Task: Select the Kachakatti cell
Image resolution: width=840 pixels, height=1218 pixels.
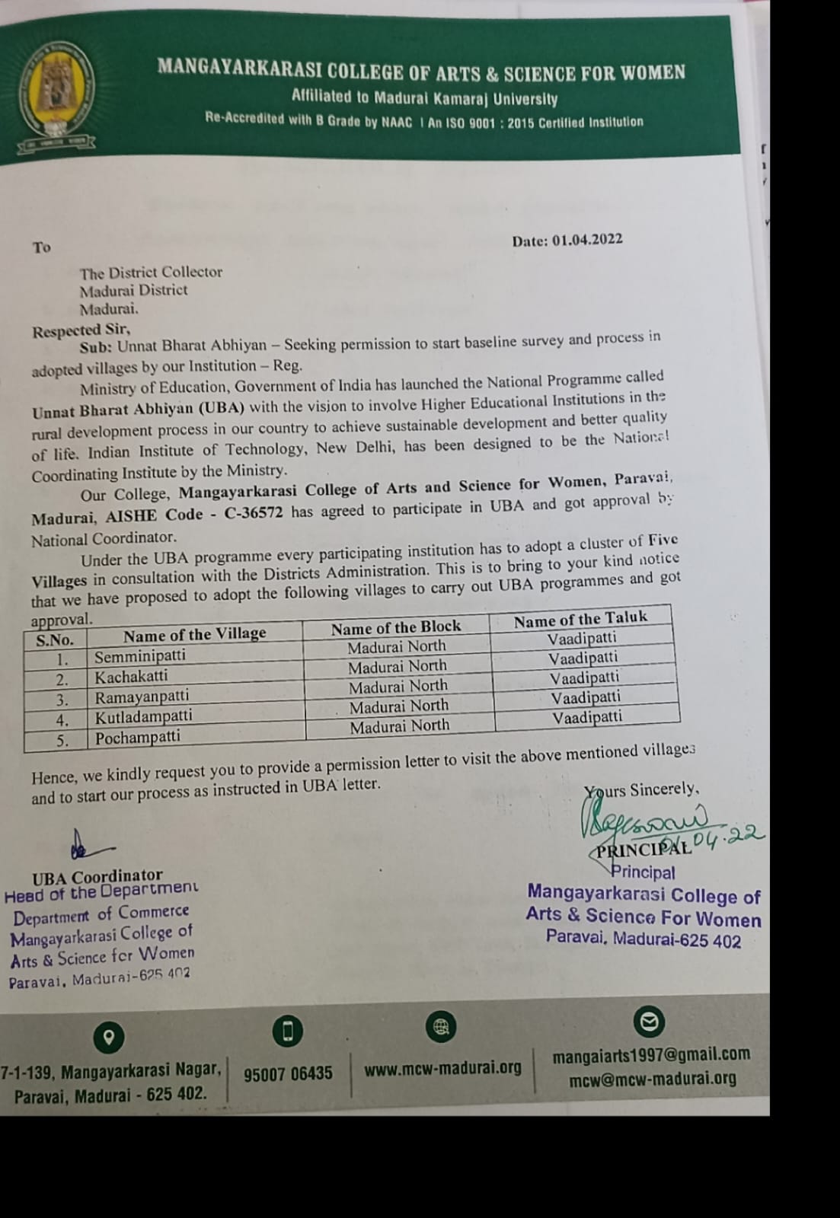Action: pos(131,676)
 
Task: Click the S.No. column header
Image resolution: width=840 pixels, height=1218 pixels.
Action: pos(55,639)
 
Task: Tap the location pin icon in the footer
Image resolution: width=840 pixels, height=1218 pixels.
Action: pos(109,1037)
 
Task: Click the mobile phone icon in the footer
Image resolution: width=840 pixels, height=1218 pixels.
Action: pos(288,1031)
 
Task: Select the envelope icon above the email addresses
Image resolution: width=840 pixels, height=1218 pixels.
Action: pos(649,1022)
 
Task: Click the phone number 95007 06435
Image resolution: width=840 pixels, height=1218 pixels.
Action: pos(288,1073)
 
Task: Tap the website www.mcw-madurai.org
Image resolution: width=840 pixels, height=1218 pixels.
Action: pos(442,1068)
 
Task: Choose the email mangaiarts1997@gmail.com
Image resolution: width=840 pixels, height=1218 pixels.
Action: pos(651,1055)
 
